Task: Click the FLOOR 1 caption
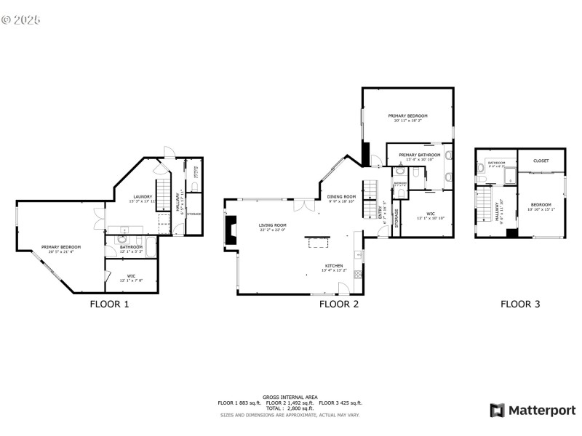coord(109,304)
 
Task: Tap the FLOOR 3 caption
coord(520,304)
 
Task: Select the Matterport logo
coord(533,411)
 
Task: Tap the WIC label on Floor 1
coord(131,277)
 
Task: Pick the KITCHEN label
coord(334,267)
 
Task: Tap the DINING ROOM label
coord(340,197)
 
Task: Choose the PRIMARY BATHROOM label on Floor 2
coord(419,156)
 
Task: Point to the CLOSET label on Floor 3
coord(541,161)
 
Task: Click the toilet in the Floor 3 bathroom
coord(482,169)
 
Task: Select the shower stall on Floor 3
coord(509,174)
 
